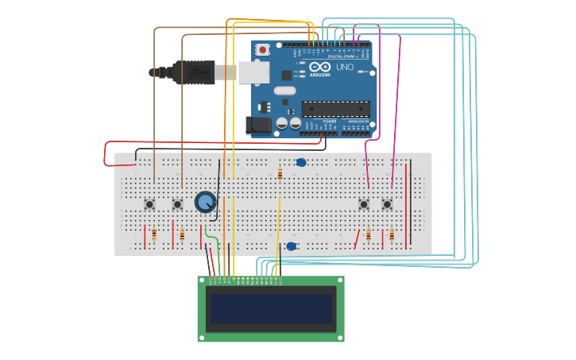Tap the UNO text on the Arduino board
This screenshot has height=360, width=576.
[x=345, y=68]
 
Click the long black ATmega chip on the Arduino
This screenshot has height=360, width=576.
[x=334, y=109]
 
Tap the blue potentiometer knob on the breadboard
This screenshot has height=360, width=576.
[x=205, y=202]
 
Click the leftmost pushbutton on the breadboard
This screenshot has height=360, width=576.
[x=149, y=204]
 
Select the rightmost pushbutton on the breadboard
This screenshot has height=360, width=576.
[x=387, y=204]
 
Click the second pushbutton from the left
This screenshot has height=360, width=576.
[x=177, y=204]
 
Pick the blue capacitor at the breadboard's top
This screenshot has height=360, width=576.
[x=301, y=163]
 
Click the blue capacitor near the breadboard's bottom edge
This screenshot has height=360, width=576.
[x=292, y=246]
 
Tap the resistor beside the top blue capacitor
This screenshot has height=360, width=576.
[x=280, y=174]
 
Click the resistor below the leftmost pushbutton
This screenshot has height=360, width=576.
[x=154, y=234]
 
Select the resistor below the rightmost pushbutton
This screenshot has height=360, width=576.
[x=392, y=235]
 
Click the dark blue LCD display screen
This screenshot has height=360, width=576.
[x=270, y=308]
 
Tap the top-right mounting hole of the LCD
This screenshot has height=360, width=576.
[x=340, y=281]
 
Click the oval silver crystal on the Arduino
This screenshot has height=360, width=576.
[x=285, y=91]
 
